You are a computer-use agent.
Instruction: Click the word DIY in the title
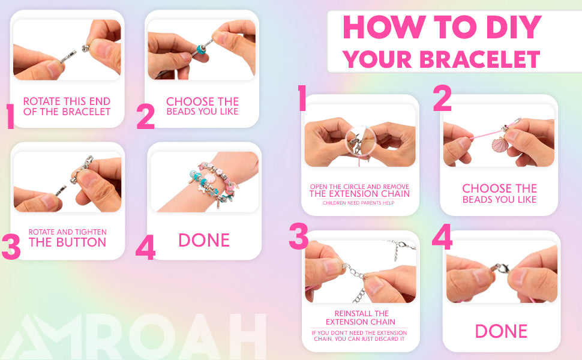coord(514,27)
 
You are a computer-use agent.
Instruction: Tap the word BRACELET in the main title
coord(479,59)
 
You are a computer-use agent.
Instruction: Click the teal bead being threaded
coord(202,49)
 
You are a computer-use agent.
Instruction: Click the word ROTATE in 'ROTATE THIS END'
coord(41,101)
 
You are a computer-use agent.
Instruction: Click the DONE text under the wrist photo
coord(204,240)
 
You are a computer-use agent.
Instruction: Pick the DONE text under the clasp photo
coord(501,331)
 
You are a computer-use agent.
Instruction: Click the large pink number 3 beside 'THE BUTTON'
coord(11,247)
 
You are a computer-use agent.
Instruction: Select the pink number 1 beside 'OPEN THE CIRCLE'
coord(302,98)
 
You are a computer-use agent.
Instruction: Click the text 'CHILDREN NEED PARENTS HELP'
coord(358,203)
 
